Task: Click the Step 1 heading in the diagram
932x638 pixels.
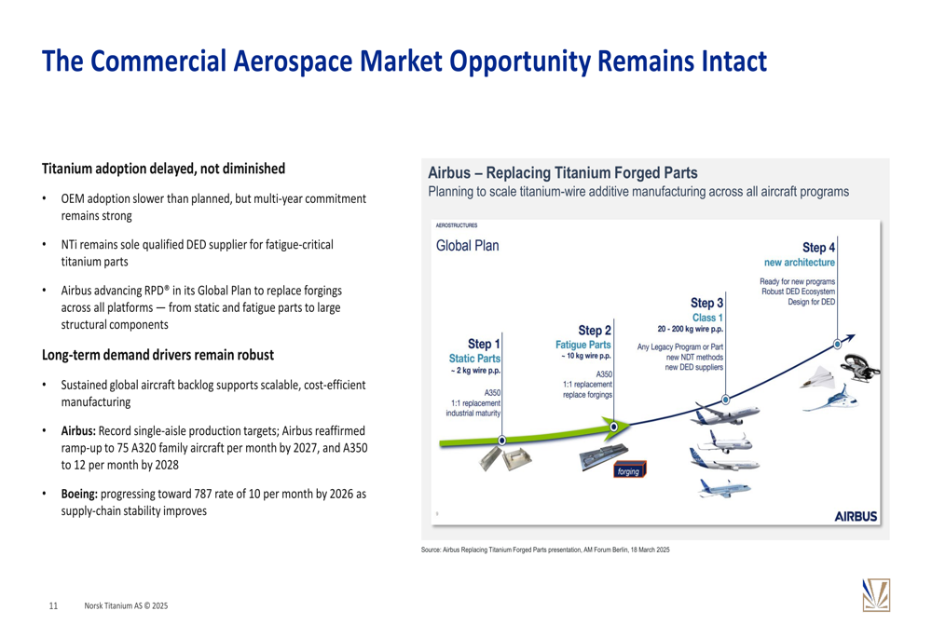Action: click(484, 344)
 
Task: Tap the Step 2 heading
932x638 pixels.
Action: click(595, 331)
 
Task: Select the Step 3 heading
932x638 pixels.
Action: click(706, 303)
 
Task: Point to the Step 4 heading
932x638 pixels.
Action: click(818, 248)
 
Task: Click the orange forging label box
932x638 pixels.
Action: click(629, 470)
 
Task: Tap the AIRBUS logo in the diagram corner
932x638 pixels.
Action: click(856, 516)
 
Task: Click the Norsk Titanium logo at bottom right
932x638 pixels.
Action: click(876, 594)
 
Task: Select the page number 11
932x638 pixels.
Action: click(53, 606)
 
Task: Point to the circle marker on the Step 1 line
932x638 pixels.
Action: click(502, 441)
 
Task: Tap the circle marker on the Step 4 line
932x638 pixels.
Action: click(838, 344)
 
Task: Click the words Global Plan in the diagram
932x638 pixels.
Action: click(467, 245)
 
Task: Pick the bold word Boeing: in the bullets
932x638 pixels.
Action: click(79, 494)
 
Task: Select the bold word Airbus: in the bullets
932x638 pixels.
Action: click(78, 430)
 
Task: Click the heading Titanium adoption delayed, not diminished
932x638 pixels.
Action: click(163, 169)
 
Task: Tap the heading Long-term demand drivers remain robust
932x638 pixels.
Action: click(158, 355)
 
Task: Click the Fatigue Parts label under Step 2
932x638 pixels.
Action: click(583, 345)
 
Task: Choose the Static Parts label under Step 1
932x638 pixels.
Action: click(474, 359)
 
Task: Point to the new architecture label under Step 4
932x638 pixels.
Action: click(800, 262)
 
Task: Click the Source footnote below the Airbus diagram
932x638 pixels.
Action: click(545, 550)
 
